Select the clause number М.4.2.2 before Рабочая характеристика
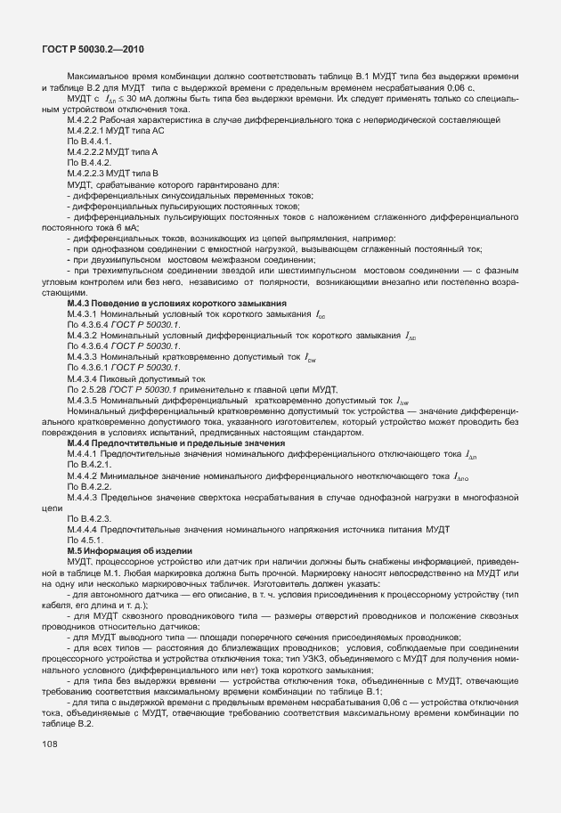click(81, 119)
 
